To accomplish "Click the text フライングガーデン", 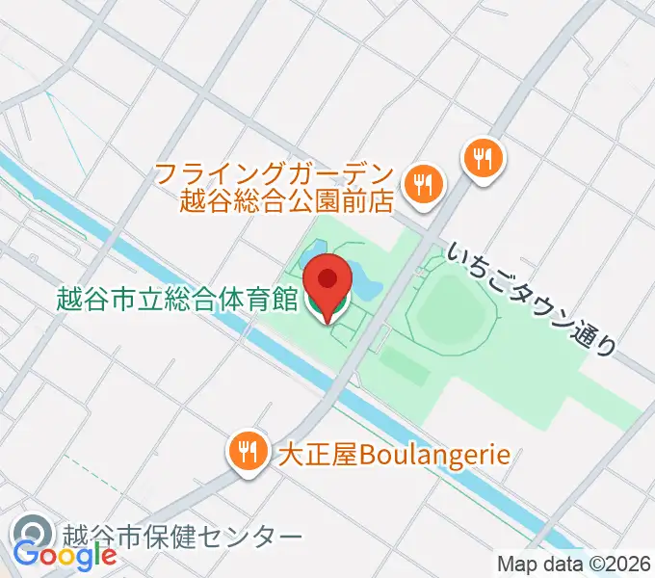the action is click(x=275, y=174).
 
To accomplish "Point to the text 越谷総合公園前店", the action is click(x=288, y=200).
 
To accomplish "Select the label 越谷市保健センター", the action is click(x=182, y=536).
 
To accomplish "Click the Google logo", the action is click(x=65, y=557).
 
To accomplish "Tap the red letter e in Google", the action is click(x=108, y=557).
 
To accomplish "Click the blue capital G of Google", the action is click(x=26, y=557).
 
